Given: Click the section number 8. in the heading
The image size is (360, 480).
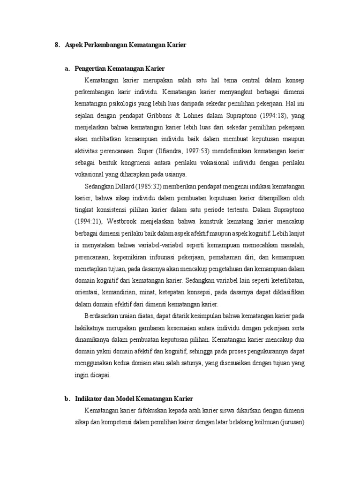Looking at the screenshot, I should (x=57, y=45).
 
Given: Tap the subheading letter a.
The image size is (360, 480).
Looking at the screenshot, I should (x=67, y=69).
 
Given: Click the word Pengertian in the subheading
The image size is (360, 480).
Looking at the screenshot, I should (x=92, y=69).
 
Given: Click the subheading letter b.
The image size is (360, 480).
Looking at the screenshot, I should (x=67, y=399).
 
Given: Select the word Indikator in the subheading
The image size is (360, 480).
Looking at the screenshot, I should (x=90, y=399).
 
